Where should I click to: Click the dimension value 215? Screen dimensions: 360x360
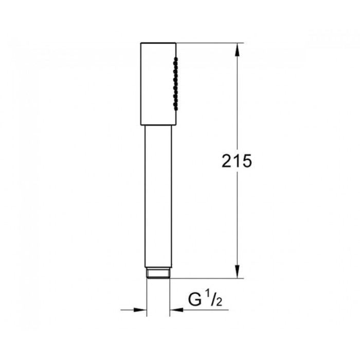[237, 161]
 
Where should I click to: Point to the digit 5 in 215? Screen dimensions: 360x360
[246, 161]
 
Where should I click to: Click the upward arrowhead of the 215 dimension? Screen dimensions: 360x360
[237, 49]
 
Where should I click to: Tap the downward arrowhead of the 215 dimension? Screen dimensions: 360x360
[237, 272]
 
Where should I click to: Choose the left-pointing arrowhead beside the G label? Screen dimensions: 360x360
[176, 310]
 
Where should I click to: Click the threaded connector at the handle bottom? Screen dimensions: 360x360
[158, 273]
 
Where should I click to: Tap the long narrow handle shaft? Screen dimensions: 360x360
[158, 195]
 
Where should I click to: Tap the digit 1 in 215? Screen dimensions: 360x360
[237, 161]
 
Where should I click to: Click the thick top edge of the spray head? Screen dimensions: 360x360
[158, 43]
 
